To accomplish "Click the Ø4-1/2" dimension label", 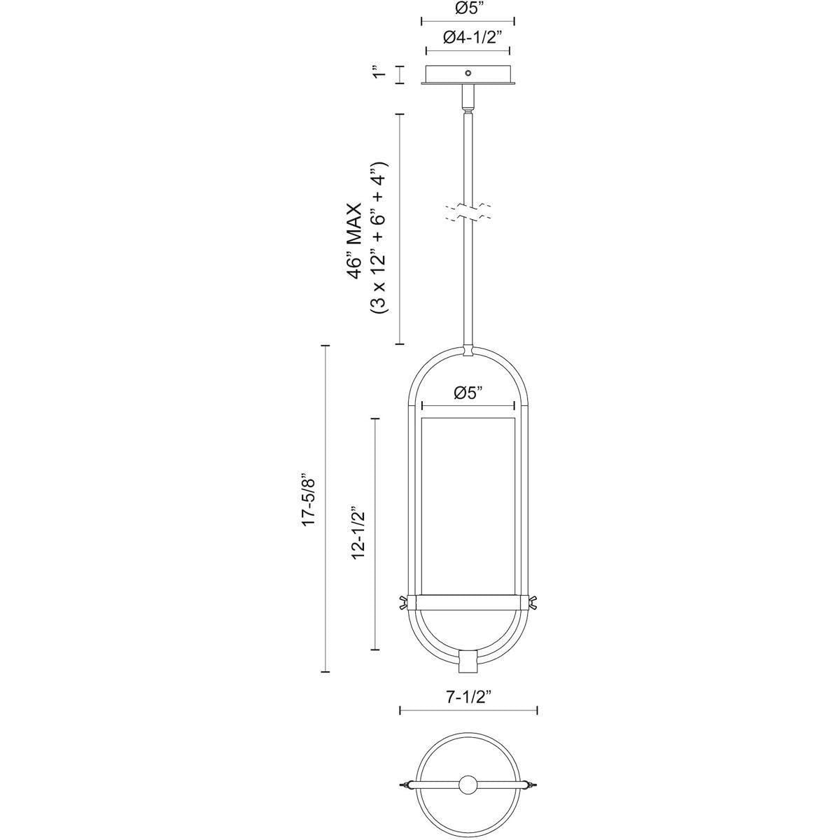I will pyautogui.click(x=468, y=38).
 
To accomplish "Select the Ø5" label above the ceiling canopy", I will pyautogui.click(x=468, y=9).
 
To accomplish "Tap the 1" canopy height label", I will pyautogui.click(x=379, y=74).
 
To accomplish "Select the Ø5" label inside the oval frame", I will pyautogui.click(x=468, y=393).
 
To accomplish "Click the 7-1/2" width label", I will pyautogui.click(x=468, y=697).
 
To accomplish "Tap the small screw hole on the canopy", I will pyautogui.click(x=468, y=72).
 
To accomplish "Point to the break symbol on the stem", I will pyautogui.click(x=468, y=213).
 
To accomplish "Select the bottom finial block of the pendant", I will pyautogui.click(x=468, y=659).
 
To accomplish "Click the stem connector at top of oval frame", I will pyautogui.click(x=468, y=350).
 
